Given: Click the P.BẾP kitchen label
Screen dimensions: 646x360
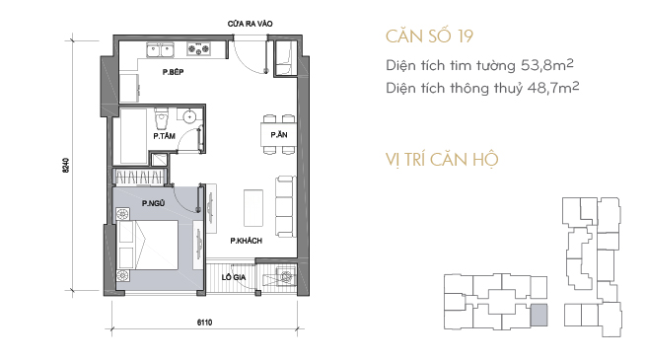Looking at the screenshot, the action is click(173, 72).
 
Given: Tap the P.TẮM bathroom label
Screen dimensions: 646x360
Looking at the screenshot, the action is click(165, 135).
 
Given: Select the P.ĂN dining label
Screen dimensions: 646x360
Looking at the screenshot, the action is click(279, 135).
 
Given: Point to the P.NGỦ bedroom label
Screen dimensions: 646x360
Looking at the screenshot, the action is click(153, 203).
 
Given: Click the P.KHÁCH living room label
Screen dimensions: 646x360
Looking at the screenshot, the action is click(246, 241).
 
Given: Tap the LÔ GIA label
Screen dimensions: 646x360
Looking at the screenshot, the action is click(234, 277).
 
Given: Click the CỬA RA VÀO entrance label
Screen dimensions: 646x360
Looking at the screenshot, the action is click(251, 24).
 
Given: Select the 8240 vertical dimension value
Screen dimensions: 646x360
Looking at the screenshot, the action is click(66, 165).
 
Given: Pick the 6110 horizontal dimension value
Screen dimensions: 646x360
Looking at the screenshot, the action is click(204, 323).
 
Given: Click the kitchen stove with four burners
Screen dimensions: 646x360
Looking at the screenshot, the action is click(198, 49).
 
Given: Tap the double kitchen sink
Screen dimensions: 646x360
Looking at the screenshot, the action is click(160, 50).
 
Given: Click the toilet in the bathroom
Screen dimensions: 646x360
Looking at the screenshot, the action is click(161, 118).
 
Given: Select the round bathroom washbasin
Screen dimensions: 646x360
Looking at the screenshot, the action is click(189, 116).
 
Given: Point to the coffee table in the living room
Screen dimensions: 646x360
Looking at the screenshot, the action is click(253, 208).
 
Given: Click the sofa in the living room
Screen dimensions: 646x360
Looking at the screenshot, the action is click(285, 207).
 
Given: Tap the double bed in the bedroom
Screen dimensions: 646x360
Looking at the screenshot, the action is click(148, 245).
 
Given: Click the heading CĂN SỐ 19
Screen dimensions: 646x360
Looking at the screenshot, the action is click(429, 36).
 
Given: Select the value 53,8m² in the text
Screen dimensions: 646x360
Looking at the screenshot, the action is click(547, 65).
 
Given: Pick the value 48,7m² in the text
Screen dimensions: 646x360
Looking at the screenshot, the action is click(553, 88).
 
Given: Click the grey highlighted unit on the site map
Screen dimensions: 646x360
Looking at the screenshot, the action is click(538, 315).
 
